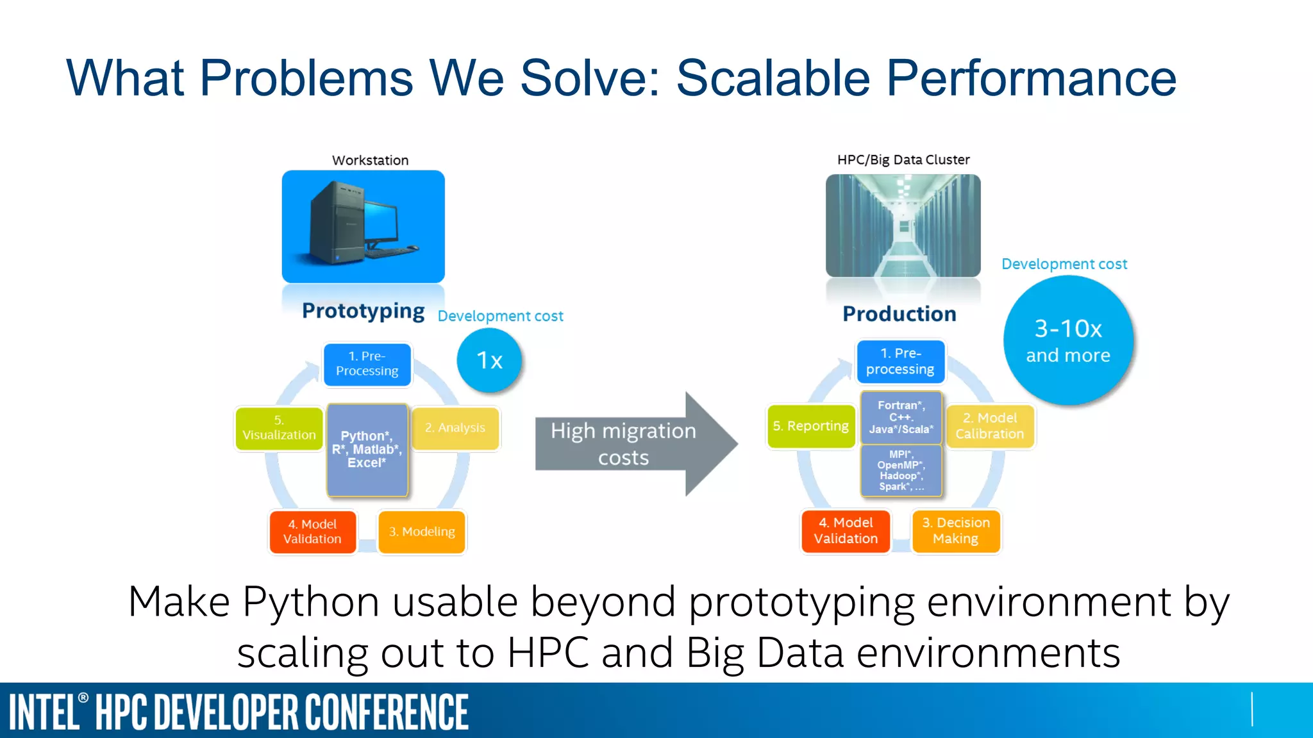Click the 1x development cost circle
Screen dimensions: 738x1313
(489, 361)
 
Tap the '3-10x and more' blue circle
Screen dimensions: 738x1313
(1068, 341)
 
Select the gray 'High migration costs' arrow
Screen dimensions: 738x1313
(631, 444)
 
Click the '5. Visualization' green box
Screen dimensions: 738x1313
(279, 428)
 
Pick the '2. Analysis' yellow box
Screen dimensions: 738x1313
(455, 428)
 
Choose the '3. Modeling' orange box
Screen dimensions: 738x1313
(422, 532)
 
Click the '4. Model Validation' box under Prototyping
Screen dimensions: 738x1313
(312, 532)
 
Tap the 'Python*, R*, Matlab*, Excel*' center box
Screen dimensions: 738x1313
(367, 450)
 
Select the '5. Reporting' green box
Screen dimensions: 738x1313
(811, 426)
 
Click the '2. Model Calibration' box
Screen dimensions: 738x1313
(990, 426)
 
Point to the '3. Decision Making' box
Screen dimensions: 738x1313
(956, 531)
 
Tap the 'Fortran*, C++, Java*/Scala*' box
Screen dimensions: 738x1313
(901, 418)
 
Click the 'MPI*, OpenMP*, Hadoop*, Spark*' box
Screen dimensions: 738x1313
(901, 471)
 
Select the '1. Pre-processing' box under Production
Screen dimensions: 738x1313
(900, 361)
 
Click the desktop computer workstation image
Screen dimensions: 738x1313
(363, 227)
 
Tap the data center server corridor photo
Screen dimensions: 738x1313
(903, 225)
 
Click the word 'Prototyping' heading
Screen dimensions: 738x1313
(363, 311)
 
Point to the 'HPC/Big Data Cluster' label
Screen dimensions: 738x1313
(903, 160)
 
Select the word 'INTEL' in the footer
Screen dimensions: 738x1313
(44, 712)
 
